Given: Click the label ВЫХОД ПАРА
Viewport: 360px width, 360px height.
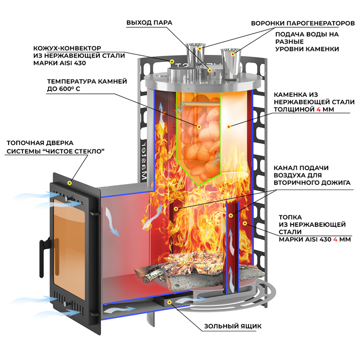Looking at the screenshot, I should click(x=149, y=22).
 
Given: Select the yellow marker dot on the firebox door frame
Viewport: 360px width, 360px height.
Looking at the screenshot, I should click(x=70, y=183).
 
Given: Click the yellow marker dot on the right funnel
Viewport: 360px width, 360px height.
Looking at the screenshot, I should click(x=233, y=54).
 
